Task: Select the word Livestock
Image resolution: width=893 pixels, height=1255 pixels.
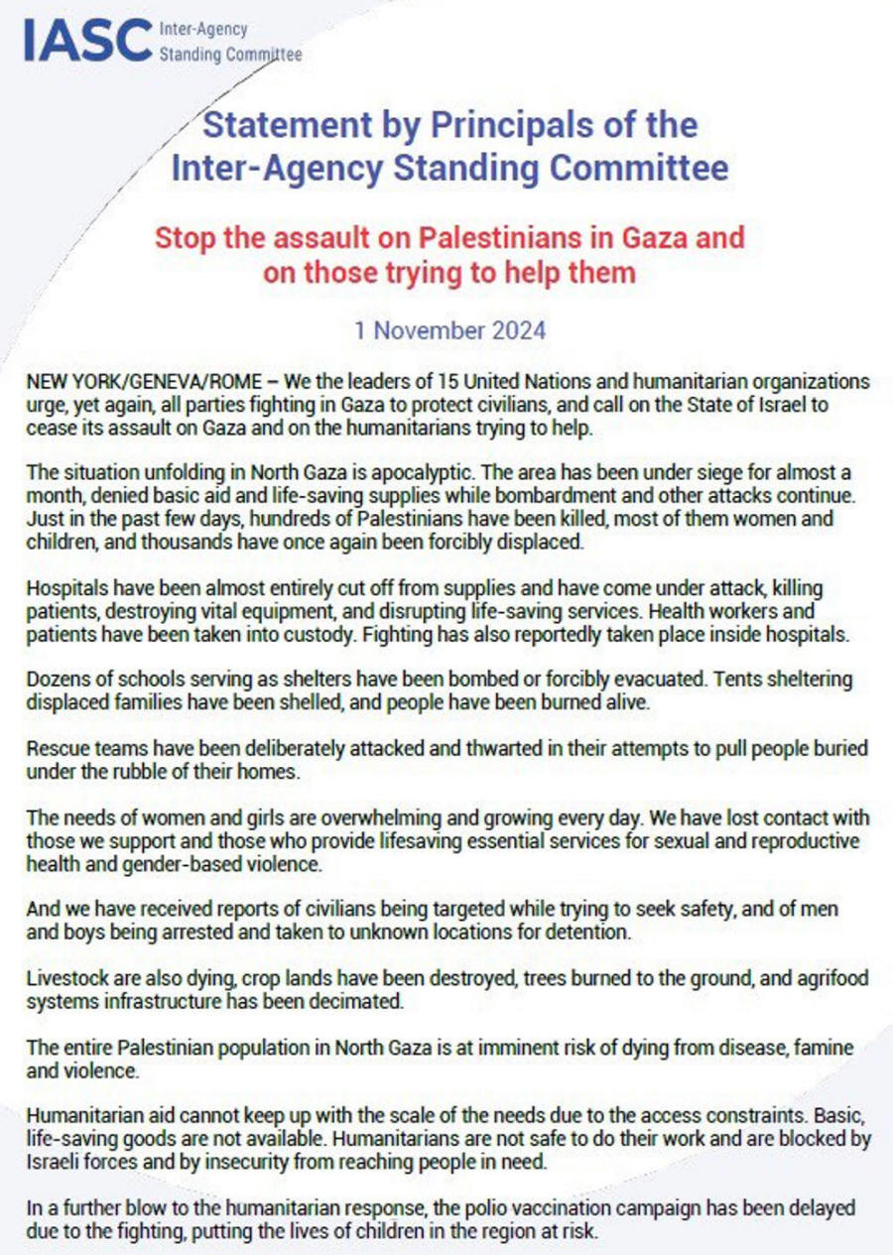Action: [x=63, y=979]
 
